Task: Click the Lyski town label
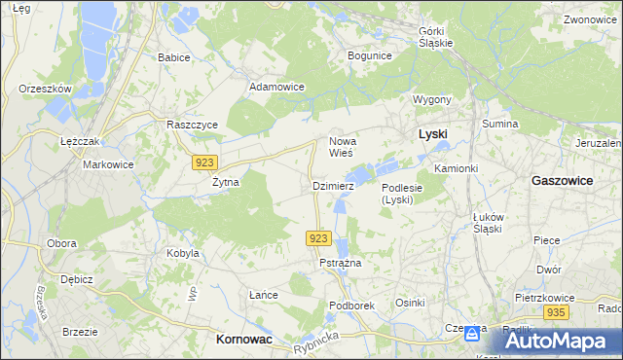point(432,134)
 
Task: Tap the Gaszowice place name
point(566,180)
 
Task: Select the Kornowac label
point(241,340)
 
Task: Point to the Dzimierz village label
point(333,185)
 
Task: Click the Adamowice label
point(277,87)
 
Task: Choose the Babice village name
point(173,57)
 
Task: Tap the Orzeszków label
point(46,89)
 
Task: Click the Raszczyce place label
point(192,126)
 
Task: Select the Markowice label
point(107,164)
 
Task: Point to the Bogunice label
point(369,55)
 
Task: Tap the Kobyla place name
point(182,253)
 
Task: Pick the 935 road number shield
point(556,312)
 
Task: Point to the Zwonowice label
point(591,19)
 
